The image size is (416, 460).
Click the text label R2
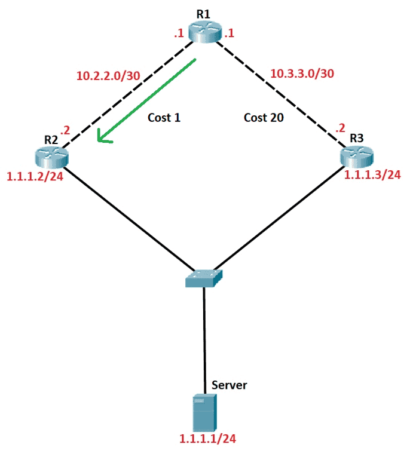51,139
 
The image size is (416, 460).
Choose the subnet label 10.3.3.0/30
302,73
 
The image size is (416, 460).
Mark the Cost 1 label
164,118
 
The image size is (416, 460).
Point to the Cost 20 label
264,118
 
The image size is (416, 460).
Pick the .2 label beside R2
65,128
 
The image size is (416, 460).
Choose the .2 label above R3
340,128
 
